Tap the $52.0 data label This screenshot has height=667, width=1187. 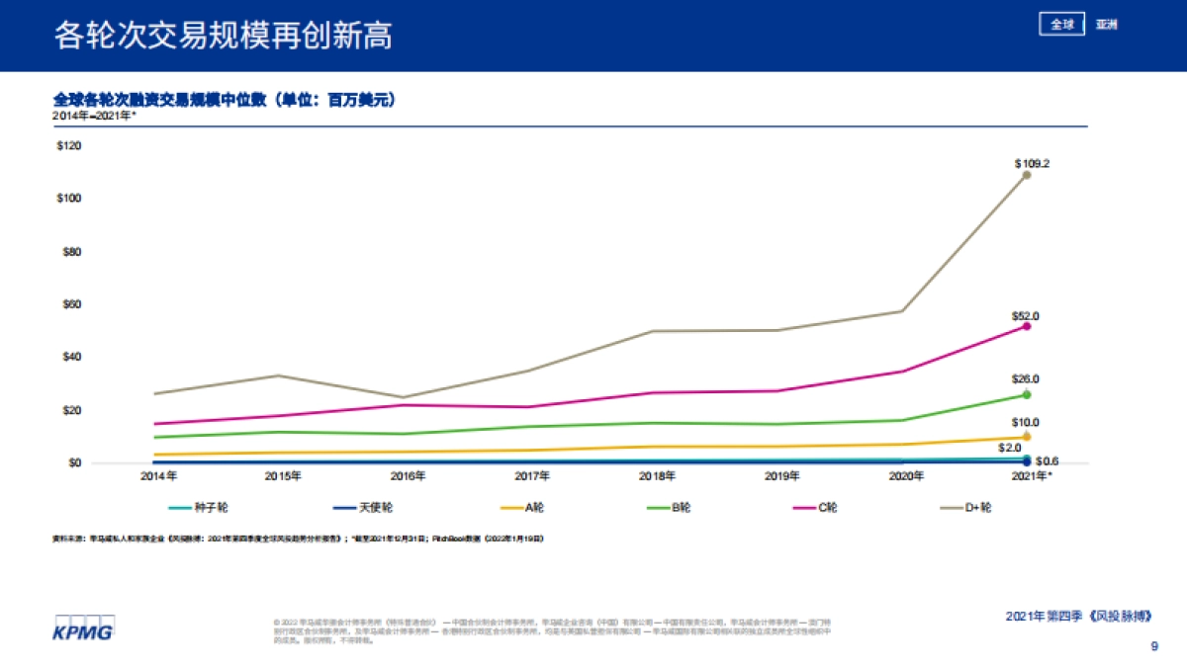coord(1026,316)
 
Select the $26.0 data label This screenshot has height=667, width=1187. coord(1026,379)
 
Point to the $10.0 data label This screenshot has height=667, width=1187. coord(1026,423)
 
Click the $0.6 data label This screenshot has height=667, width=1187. coord(1048,461)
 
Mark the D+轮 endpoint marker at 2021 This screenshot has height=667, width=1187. coord(1027,175)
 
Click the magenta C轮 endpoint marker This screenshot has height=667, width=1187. coord(1027,326)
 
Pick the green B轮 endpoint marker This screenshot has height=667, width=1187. coord(1027,394)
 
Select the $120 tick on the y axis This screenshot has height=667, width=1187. coord(68,145)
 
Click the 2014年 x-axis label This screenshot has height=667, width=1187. coord(159,476)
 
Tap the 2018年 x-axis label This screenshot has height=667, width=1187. coord(657,476)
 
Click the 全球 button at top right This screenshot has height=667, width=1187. coord(1062,25)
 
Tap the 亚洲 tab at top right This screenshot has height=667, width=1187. coord(1107,25)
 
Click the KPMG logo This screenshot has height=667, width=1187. coord(83,627)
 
